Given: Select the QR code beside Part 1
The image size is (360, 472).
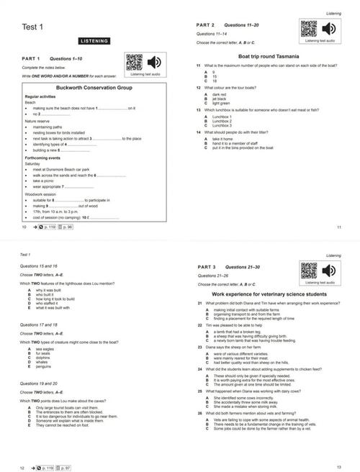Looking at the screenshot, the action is click(x=134, y=62).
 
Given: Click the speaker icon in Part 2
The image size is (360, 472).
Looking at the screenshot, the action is click(x=328, y=29).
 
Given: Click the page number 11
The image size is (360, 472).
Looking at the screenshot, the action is click(x=338, y=227).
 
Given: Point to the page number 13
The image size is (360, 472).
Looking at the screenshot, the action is click(x=338, y=467).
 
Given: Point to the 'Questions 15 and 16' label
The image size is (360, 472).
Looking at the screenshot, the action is click(x=39, y=268).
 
